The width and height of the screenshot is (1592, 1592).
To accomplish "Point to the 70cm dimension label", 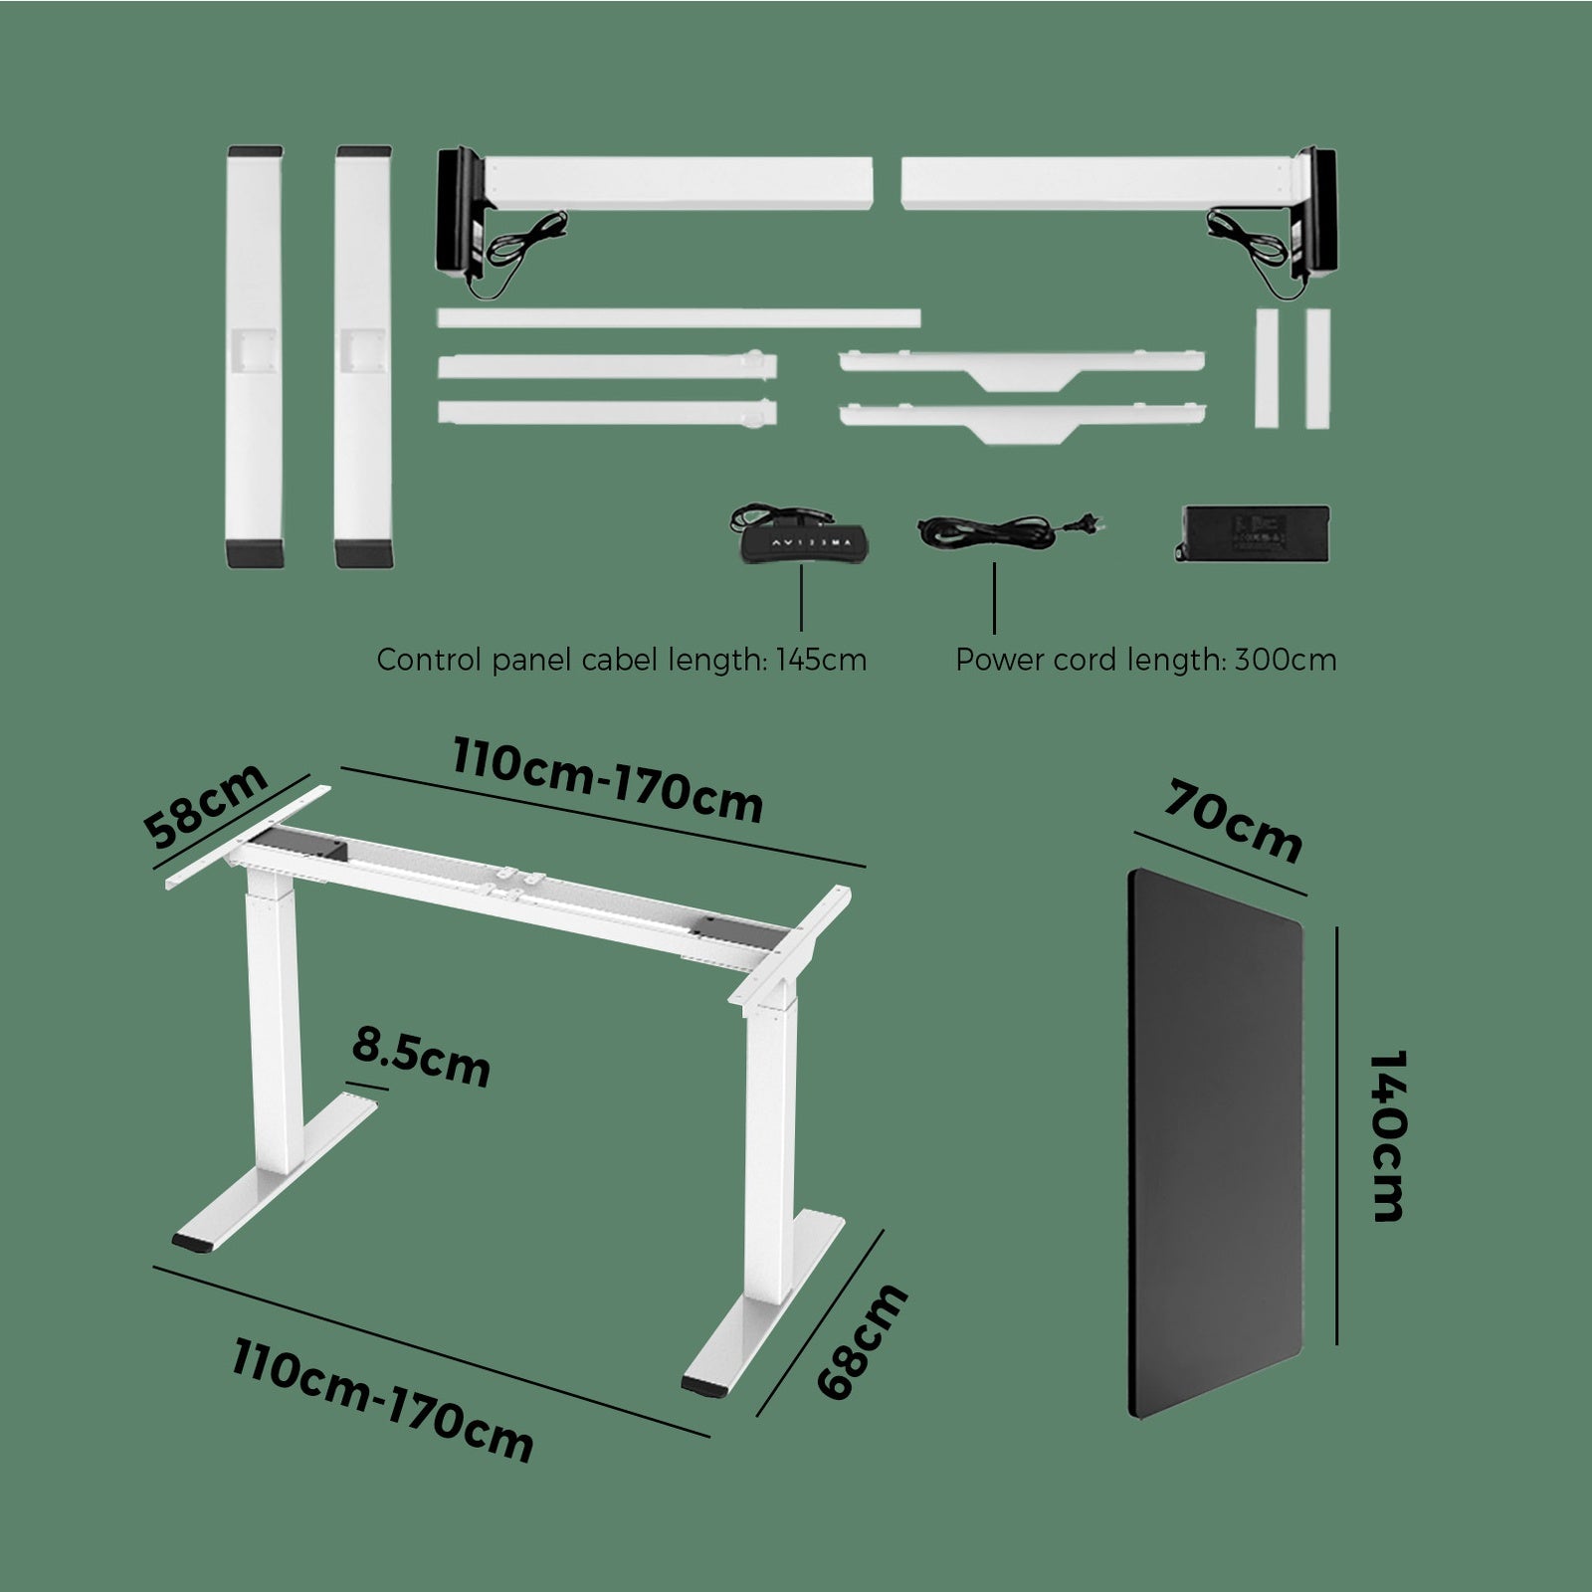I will coord(1232,822).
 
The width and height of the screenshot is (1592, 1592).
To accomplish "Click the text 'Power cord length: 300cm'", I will coord(1145,660).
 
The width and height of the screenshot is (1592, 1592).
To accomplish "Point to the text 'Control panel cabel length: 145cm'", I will coord(621,660).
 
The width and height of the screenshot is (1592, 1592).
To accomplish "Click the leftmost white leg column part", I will coord(255,356).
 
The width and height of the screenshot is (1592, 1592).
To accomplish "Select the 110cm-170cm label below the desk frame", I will coord(383,1398).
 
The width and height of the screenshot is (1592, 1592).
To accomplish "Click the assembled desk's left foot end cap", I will coord(195,1243).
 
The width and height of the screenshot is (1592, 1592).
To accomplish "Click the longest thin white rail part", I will coord(678,317).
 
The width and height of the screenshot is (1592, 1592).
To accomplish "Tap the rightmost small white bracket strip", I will coord(1318,368).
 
